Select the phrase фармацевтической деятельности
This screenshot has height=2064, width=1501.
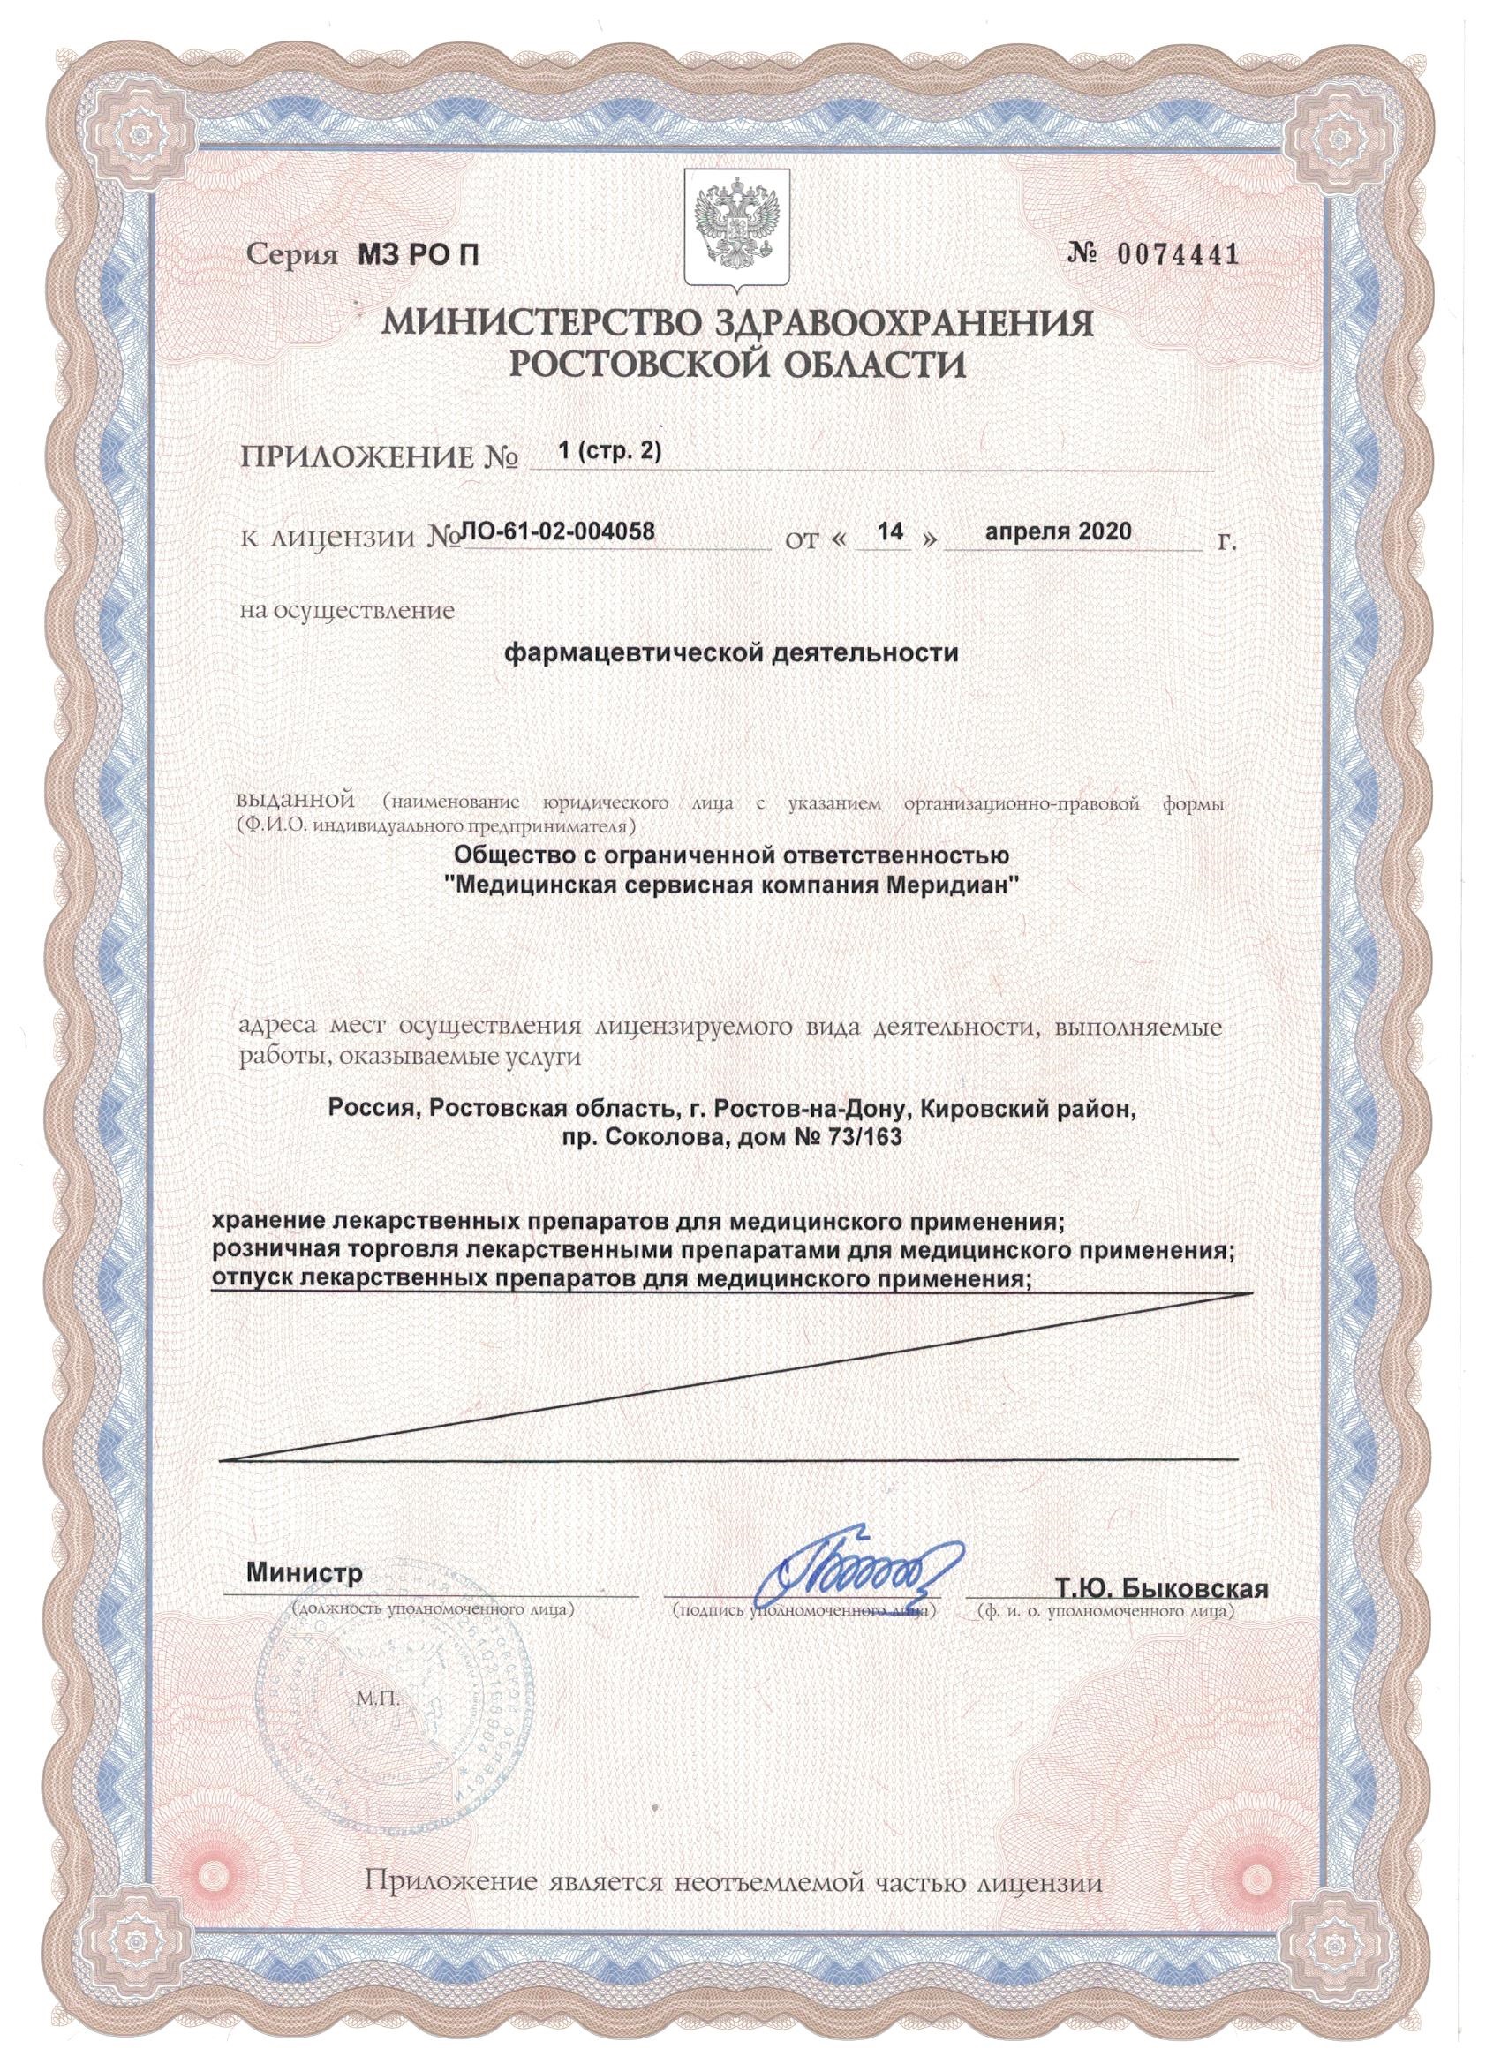[x=732, y=654]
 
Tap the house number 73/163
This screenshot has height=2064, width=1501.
[x=851, y=1138]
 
